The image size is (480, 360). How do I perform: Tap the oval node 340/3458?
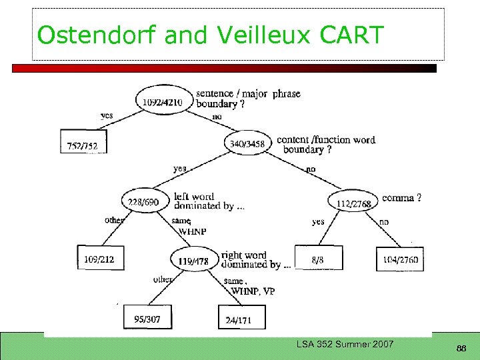(247, 143)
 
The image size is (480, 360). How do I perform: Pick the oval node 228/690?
(143, 202)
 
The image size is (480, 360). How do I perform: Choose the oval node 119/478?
(193, 261)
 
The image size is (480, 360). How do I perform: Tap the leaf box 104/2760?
(400, 259)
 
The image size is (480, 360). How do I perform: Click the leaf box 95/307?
(147, 318)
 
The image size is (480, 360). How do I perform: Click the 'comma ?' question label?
(401, 198)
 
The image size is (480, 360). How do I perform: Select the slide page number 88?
(461, 348)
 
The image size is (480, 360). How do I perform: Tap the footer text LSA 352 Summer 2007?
(345, 344)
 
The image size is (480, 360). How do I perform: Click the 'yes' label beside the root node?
(107, 115)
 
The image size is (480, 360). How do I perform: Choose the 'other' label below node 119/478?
(163, 279)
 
